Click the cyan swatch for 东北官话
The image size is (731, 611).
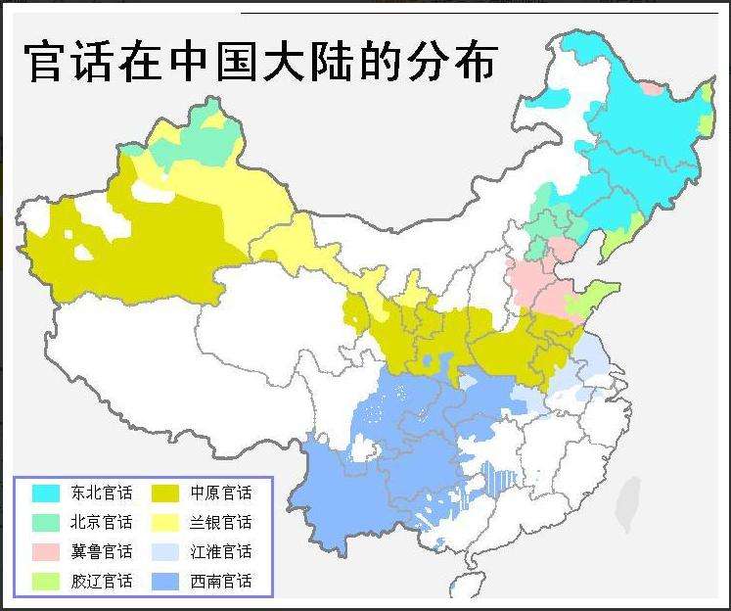pos(45,492)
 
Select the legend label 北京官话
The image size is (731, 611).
pos(101,522)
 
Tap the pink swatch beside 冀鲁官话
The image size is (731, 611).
pos(45,551)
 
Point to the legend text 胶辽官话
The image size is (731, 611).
pos(101,581)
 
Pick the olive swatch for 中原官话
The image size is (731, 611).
pos(166,492)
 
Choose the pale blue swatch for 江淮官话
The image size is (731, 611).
pos(166,551)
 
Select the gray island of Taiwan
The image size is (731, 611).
pos(629,500)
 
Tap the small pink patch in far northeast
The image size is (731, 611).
pos(651,88)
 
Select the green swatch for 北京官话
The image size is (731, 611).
pos(45,522)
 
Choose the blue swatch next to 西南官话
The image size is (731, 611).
pos(166,581)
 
